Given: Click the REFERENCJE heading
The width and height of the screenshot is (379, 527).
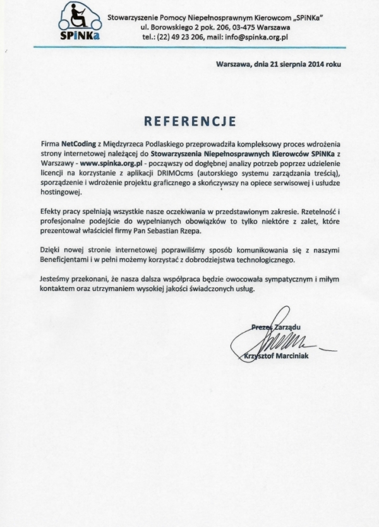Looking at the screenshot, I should tap(189, 121).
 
